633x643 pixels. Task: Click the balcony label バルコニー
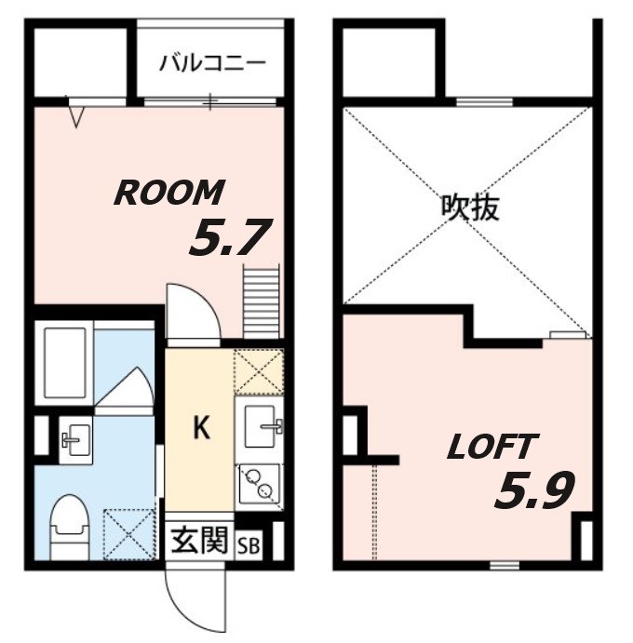click(x=213, y=62)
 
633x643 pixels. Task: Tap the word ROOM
click(x=168, y=193)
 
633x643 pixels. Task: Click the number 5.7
click(x=229, y=239)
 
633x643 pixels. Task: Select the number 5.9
click(x=533, y=489)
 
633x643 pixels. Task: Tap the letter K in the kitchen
click(x=200, y=427)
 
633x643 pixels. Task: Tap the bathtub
click(x=64, y=362)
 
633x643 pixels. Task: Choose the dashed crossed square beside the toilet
click(x=127, y=533)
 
